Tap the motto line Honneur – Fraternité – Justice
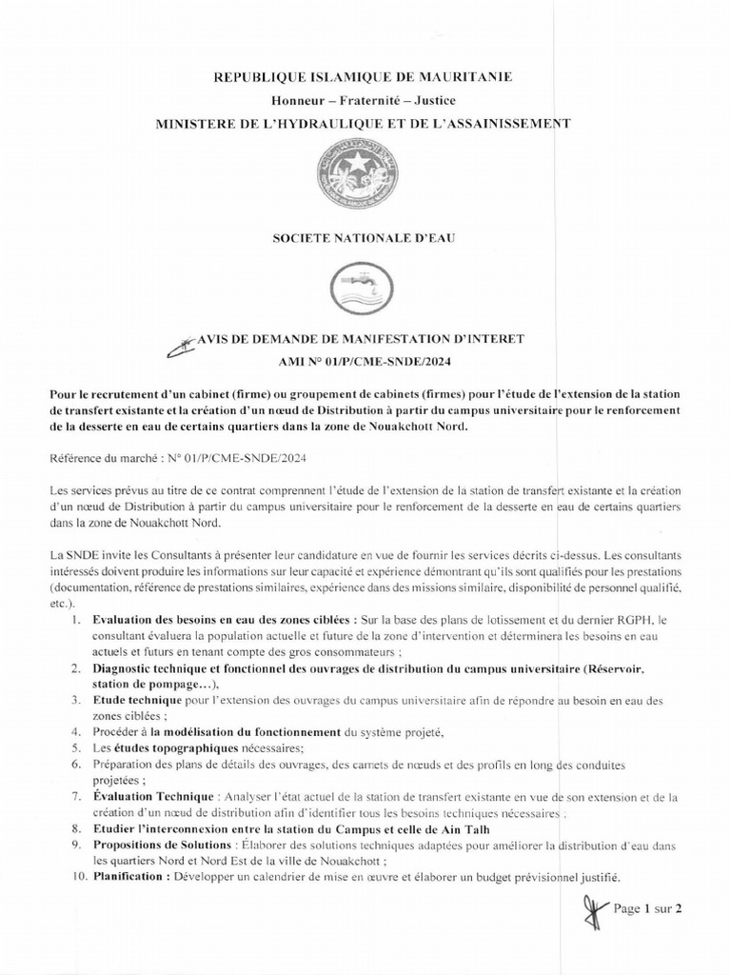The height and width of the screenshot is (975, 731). coord(365,100)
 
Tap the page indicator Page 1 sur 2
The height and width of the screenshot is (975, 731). coord(649,908)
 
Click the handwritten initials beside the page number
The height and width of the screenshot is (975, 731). coord(591,914)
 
